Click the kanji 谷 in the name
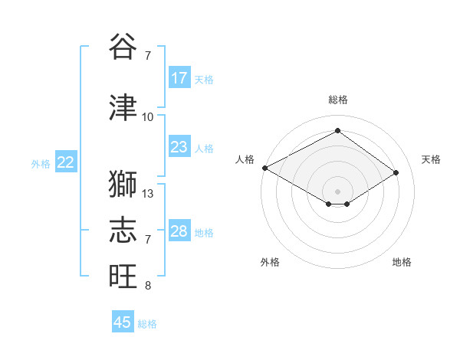[x=123, y=47]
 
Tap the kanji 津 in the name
[x=123, y=108]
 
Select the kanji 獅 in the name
[x=123, y=185]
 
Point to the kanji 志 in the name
[x=123, y=231]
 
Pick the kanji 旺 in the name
[x=123, y=277]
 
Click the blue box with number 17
[x=179, y=78]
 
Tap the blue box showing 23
[x=179, y=147]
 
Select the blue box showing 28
[x=179, y=231]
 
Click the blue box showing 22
[x=66, y=162]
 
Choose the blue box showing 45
[x=123, y=322]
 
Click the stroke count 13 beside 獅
[x=149, y=193]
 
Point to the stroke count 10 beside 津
[x=148, y=116]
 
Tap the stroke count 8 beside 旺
[x=148, y=286]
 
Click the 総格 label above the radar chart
[x=338, y=100]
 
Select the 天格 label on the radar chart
[x=431, y=159]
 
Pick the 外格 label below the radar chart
[x=270, y=262]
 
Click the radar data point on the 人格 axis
[x=264, y=168]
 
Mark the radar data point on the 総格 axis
[x=337, y=130]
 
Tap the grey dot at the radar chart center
[x=337, y=191]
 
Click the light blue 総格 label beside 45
[x=148, y=324]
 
